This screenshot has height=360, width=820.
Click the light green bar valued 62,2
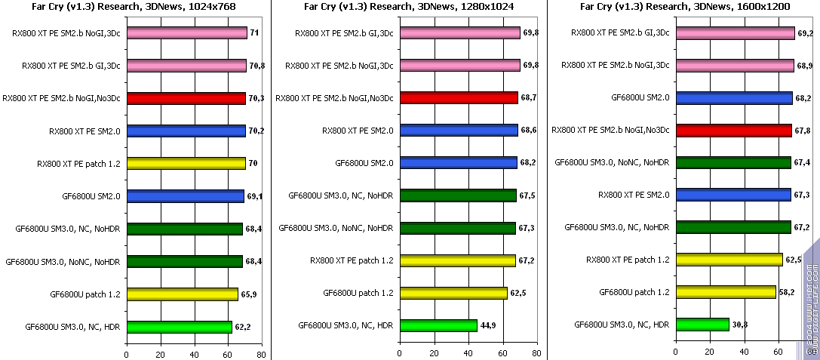pos(180,327)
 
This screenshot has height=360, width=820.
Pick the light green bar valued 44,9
pos(439,326)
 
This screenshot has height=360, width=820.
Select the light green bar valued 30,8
pos(702,325)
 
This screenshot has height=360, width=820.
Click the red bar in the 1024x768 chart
pos(186,98)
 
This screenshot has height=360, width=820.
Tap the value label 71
pos(253,33)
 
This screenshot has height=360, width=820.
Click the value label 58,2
pos(787,292)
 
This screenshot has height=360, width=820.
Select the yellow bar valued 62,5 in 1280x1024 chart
pos(453,294)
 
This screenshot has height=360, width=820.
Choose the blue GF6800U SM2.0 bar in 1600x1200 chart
pos(734,98)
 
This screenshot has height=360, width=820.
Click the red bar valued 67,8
pos(733,131)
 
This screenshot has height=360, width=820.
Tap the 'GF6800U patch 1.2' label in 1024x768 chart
pos(85,294)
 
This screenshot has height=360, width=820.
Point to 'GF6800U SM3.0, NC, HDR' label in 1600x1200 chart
pos(622,325)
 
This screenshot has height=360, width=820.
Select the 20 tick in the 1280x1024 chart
pos(435,352)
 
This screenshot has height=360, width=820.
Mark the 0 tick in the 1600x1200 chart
pos(676,352)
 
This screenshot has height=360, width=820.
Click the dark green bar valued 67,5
pos(458,195)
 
